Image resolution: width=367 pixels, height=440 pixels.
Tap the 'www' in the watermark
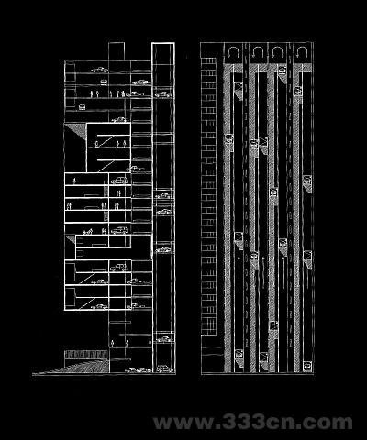pos(183,423)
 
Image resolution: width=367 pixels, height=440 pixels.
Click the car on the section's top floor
pos(100,70)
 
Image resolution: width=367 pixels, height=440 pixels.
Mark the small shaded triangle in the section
pos(72,239)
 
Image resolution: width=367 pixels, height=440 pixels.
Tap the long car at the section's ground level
pos(139,370)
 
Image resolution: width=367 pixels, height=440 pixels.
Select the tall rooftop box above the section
pos(117,51)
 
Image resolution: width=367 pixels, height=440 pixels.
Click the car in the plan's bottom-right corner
pos(307,367)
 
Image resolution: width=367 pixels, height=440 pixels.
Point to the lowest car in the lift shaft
pos(164,368)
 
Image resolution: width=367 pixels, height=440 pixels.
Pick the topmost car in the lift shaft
pos(163,94)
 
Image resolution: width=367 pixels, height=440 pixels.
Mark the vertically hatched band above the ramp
pos(86,355)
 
